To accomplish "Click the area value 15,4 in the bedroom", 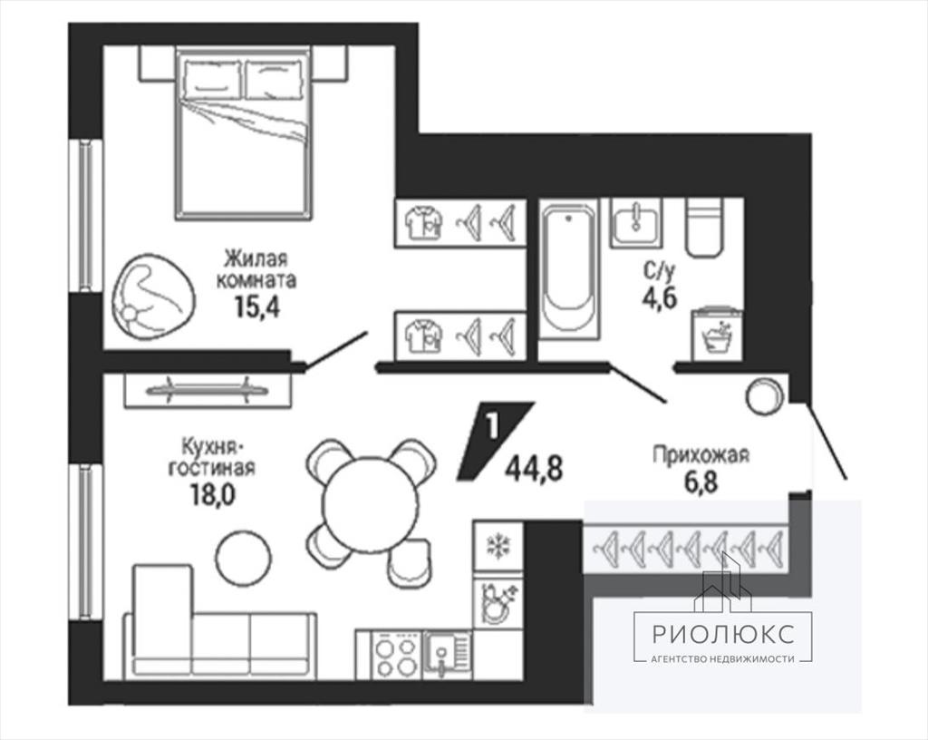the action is (x=256, y=307).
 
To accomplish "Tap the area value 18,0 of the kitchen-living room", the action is (x=212, y=495).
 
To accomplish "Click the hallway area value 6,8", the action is (x=701, y=482).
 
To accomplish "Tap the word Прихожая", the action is (x=701, y=455).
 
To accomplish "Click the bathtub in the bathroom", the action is (x=569, y=272).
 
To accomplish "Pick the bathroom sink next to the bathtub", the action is (x=637, y=222).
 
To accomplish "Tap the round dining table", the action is (x=371, y=503).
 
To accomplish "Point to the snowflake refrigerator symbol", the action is (x=498, y=545).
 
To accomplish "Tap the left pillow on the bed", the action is (x=212, y=79).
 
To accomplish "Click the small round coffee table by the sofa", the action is (x=243, y=557).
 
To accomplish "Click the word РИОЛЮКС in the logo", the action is (x=722, y=634).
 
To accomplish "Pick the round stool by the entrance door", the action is (x=765, y=396).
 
